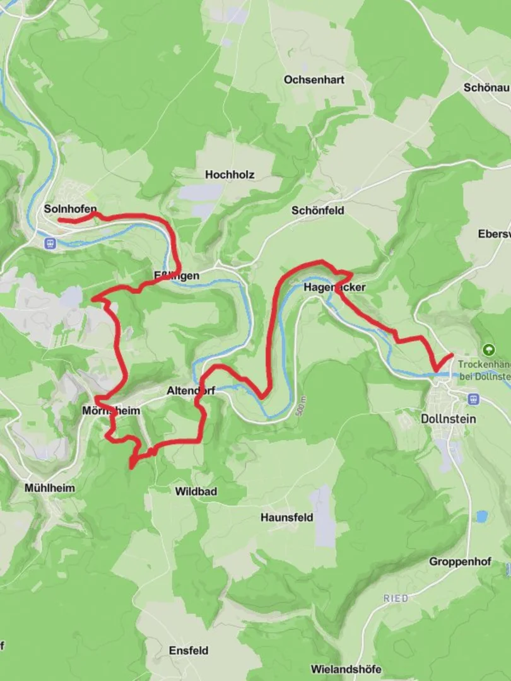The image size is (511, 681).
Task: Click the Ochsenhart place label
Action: click(x=314, y=80)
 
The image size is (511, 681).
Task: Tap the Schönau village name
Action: click(x=486, y=88)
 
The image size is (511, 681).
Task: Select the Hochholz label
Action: click(x=230, y=175)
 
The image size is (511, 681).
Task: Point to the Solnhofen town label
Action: click(x=71, y=208)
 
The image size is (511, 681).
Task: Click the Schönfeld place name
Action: click(x=318, y=211)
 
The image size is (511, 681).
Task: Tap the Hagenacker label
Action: click(x=334, y=287)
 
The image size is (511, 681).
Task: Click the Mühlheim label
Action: click(x=49, y=488)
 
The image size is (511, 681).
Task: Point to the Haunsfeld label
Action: click(x=287, y=518)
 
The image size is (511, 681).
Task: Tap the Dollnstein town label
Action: click(x=449, y=419)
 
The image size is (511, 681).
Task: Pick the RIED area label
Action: click(x=396, y=598)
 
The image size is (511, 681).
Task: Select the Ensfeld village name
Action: click(x=188, y=650)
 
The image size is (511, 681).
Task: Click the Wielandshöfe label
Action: click(x=346, y=669)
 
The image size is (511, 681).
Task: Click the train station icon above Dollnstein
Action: click(x=473, y=399)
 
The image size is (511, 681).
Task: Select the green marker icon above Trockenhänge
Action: click(x=488, y=349)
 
